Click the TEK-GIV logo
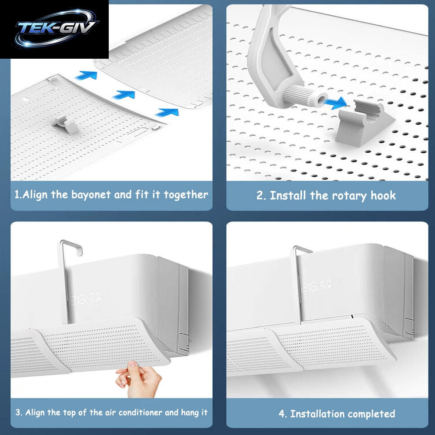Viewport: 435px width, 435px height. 57,28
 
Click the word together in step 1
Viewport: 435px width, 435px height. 186,195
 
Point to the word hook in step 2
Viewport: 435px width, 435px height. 383,195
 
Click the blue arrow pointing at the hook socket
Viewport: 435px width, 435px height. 335,103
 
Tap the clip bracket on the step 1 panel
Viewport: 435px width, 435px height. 64,123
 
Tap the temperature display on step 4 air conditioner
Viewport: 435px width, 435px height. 317,286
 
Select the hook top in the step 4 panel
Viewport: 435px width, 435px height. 302,250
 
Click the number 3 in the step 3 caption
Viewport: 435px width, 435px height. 18,412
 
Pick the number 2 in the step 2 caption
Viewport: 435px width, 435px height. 259,195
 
